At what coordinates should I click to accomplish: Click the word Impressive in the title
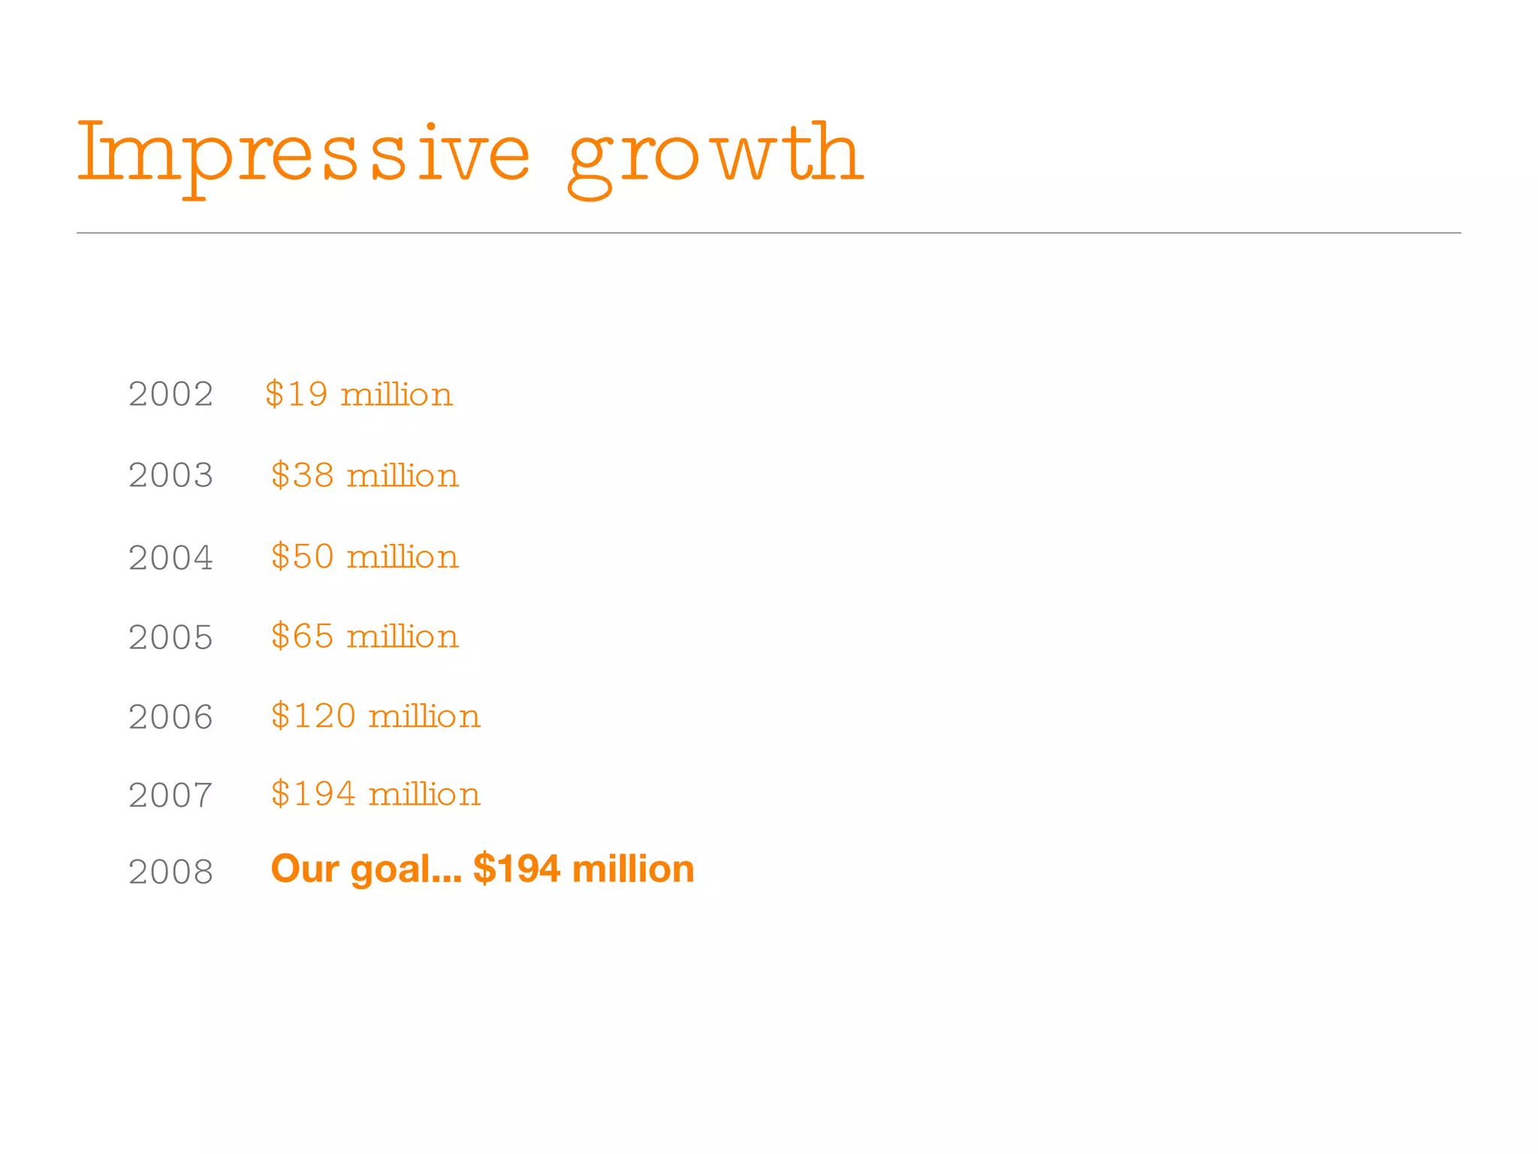coord(303,154)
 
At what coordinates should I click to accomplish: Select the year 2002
coord(171,394)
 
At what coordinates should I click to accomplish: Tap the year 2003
coord(171,476)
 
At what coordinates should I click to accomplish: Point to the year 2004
coord(171,557)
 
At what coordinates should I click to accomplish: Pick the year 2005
coord(171,638)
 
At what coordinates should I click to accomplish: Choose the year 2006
coord(171,717)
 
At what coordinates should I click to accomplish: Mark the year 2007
coord(171,796)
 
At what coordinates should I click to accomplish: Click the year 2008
coord(171,872)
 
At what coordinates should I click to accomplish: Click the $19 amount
coord(297,394)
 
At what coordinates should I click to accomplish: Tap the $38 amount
coord(303,476)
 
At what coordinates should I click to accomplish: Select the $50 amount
coord(303,557)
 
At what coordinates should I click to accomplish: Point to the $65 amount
coord(303,636)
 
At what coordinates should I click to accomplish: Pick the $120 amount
coord(313,716)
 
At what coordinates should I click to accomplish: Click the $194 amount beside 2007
coord(313,794)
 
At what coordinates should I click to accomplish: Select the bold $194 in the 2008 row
coord(517,869)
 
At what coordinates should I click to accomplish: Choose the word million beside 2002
coord(397,394)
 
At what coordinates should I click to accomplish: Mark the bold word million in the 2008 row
coord(633,869)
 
